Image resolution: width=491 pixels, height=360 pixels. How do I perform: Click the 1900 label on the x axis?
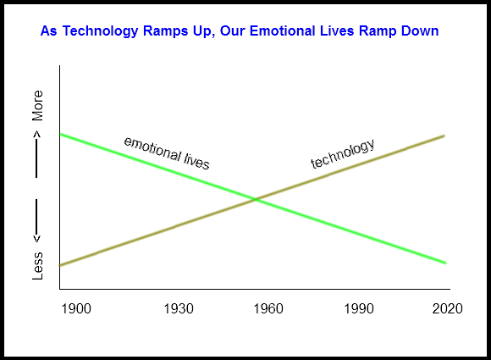click(x=76, y=309)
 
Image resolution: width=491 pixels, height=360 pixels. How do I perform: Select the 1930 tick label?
click(x=179, y=309)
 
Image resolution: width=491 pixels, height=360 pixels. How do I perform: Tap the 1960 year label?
click(x=267, y=309)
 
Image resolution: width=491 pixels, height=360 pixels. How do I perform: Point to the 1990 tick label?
click(x=359, y=309)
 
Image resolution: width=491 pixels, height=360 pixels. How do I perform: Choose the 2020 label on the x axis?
click(x=447, y=309)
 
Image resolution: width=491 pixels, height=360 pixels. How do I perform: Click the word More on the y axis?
click(x=37, y=106)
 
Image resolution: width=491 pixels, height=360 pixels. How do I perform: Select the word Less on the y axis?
click(x=37, y=266)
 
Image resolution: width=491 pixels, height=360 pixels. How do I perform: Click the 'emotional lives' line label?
click(x=167, y=153)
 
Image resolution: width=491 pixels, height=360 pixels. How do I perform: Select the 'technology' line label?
click(x=343, y=154)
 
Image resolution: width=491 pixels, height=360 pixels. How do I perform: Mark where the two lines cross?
click(x=255, y=199)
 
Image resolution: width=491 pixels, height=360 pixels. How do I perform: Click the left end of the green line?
click(x=61, y=135)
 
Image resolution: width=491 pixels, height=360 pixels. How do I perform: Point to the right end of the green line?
click(x=445, y=263)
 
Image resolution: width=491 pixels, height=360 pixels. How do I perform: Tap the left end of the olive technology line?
click(x=61, y=265)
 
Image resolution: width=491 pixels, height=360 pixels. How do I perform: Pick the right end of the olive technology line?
click(x=444, y=136)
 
